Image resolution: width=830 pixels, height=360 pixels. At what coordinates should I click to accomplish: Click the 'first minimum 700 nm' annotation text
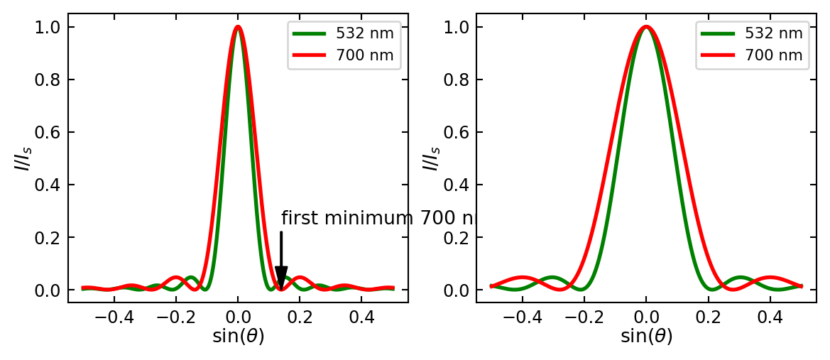pyautogui.click(x=377, y=218)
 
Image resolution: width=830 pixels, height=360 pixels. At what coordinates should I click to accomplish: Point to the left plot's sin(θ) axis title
pyautogui.click(x=238, y=336)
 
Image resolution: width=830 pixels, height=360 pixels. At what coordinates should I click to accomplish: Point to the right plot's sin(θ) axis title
pyautogui.click(x=646, y=336)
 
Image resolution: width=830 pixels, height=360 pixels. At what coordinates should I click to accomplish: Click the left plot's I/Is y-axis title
pyautogui.click(x=22, y=158)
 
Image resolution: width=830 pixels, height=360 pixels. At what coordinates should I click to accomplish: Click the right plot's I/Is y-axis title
pyautogui.click(x=430, y=158)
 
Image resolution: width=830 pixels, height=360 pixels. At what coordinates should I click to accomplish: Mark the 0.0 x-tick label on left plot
pyautogui.click(x=238, y=316)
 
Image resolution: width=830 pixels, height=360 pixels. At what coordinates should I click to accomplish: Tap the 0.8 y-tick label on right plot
pyautogui.click(x=455, y=80)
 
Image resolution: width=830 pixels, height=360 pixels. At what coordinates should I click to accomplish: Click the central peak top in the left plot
pyautogui.click(x=238, y=28)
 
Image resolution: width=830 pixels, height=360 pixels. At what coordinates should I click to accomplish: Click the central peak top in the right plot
pyautogui.click(x=646, y=28)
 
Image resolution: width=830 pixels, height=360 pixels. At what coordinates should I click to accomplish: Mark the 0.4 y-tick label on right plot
pyautogui.click(x=455, y=185)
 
